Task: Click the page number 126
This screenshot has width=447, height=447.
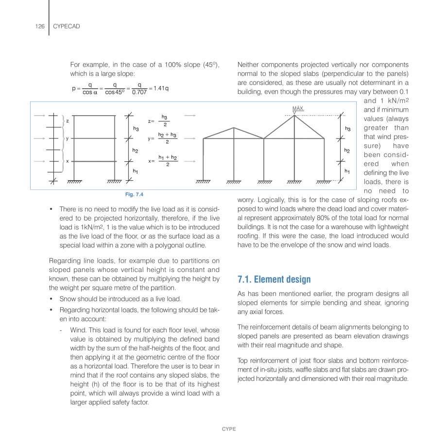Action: click(40, 26)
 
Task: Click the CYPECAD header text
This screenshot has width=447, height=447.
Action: click(66, 26)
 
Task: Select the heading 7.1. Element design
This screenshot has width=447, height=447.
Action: click(274, 279)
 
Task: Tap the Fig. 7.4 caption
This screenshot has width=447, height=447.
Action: click(134, 194)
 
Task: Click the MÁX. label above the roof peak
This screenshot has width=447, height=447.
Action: click(298, 108)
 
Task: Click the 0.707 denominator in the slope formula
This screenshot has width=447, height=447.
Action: click(139, 92)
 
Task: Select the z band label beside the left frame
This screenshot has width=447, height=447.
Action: click(67, 120)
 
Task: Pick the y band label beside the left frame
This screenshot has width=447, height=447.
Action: click(67, 138)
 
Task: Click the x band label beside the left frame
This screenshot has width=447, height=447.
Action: click(67, 161)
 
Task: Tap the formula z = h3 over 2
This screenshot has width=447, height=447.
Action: click(159, 120)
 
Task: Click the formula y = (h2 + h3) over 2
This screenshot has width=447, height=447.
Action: click(162, 138)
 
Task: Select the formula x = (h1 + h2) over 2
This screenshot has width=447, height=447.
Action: click(162, 161)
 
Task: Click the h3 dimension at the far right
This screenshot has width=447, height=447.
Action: click(347, 128)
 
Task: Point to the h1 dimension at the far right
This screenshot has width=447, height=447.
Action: click(347, 171)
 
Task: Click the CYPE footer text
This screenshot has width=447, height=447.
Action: click(229, 429)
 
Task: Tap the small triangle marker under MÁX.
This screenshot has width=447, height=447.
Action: click(294, 113)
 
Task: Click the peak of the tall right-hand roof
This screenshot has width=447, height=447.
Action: click(294, 116)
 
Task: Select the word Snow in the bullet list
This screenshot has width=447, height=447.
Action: click(68, 299)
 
